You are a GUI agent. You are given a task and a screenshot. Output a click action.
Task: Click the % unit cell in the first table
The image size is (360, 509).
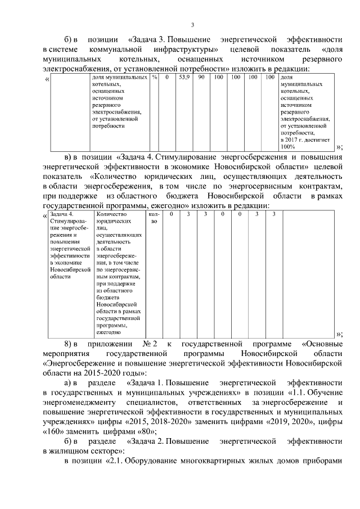tap(154, 77)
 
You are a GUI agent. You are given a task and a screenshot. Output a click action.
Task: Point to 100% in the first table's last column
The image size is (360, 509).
tap(287, 146)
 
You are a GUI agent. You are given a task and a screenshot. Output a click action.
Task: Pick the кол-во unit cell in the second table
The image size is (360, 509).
tap(154, 218)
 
